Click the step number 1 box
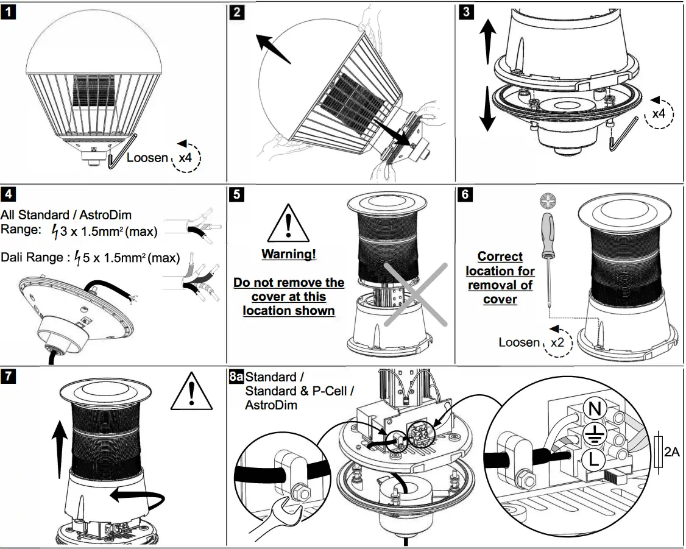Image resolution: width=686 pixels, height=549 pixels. click(x=9, y=12)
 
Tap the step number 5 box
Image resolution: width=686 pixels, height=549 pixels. click(x=236, y=194)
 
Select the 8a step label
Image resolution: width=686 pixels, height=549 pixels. click(x=236, y=376)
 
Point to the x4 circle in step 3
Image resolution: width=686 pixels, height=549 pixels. click(x=659, y=114)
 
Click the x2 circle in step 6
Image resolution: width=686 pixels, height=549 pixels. click(x=558, y=342)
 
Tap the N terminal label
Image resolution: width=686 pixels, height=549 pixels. click(x=595, y=409)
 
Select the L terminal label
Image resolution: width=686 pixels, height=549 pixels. click(x=593, y=459)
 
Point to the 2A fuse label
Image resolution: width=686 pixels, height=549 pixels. click(x=671, y=452)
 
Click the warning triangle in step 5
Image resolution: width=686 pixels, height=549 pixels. click(x=288, y=222)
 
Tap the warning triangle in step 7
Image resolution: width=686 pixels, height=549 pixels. click(x=191, y=391)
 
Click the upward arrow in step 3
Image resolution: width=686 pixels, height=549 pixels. click(x=488, y=41)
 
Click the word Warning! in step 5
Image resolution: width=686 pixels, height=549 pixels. click(x=289, y=254)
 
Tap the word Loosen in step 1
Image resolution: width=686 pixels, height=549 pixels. click(x=147, y=157)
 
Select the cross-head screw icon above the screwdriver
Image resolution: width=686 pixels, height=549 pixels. click(x=547, y=201)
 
